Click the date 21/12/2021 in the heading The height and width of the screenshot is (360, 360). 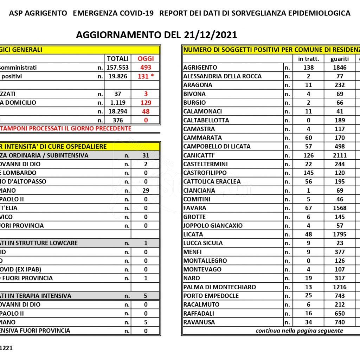tap(210, 35)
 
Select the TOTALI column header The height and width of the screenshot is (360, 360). tap(117, 59)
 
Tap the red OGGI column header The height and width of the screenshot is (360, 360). tap(146, 59)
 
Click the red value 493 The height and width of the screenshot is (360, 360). tap(146, 67)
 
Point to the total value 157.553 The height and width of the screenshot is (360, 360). tap(117, 67)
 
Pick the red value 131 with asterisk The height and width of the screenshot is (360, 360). tap(146, 76)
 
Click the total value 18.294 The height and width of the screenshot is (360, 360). tap(117, 111)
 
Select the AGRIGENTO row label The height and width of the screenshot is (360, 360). tap(200, 67)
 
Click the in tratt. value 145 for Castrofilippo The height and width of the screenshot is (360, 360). tap(308, 173)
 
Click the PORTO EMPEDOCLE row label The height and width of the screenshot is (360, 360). tap(211, 296)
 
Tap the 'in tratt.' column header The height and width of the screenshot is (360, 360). tap(308, 59)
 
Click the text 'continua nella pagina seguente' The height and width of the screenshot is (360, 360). tap(299, 331)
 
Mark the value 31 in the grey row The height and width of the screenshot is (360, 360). tap(146, 155)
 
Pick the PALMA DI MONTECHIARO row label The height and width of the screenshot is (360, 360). tap(219, 287)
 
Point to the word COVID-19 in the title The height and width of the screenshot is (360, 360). tap(131, 13)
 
